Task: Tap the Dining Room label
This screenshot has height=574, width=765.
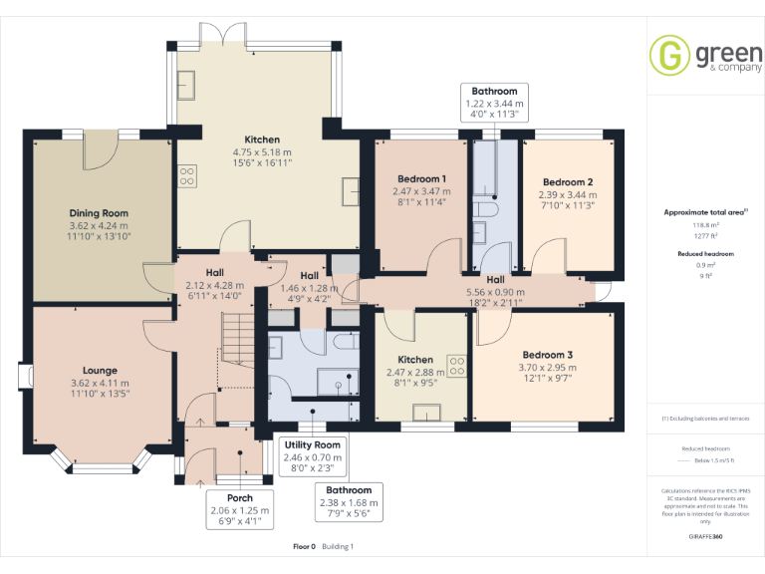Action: (x=99, y=213)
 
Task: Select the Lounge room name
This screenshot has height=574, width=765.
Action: (x=100, y=371)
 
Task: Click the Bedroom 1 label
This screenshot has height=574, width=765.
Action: (x=422, y=178)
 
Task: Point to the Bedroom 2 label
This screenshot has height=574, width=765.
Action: (x=568, y=182)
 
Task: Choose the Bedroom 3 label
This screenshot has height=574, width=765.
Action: (x=547, y=355)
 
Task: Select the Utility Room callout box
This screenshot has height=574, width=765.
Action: (x=313, y=455)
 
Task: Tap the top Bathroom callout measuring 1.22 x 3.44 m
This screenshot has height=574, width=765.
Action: (x=495, y=103)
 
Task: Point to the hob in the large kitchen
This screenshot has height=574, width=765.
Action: (x=186, y=176)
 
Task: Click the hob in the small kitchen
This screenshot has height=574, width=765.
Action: (x=458, y=365)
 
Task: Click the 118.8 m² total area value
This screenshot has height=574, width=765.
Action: (x=706, y=225)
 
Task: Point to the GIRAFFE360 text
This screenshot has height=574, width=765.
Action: (x=706, y=536)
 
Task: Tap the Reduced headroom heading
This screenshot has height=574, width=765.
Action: (x=706, y=254)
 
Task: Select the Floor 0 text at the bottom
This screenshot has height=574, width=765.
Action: (x=304, y=546)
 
